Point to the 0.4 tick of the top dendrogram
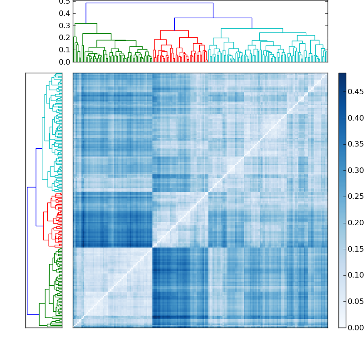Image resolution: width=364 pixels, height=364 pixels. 65,13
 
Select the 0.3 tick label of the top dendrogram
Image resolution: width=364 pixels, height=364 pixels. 65,25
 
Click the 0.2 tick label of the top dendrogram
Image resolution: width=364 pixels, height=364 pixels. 65,38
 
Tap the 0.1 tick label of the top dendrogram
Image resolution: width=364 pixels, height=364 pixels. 65,50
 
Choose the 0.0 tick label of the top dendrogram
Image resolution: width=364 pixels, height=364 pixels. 65,62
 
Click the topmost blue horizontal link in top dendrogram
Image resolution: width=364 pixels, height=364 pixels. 149,3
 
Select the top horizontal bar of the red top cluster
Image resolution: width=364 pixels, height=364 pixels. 174,30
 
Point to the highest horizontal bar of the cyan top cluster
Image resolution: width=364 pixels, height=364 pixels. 252,28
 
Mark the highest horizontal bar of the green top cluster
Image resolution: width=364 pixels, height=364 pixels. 86,23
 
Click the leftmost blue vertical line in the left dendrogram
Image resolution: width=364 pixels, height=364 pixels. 27,251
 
